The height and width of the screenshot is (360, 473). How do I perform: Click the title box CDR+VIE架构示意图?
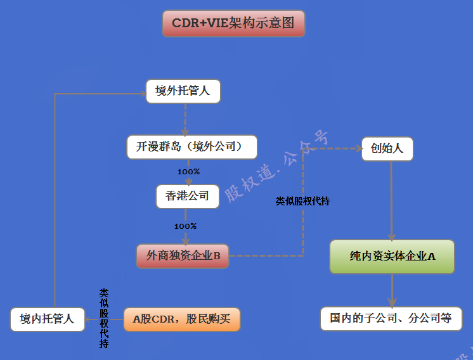tap(233, 23)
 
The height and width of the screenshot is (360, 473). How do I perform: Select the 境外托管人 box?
tap(183, 92)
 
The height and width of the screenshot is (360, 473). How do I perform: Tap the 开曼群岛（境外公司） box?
tap(192, 146)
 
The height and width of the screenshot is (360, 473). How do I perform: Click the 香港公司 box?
tap(187, 196)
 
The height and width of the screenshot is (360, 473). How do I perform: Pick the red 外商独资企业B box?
tap(183, 256)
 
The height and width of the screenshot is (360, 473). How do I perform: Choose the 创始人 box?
tap(387, 149)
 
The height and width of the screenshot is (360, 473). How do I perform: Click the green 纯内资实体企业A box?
tap(392, 257)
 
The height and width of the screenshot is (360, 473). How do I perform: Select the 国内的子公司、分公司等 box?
tap(391, 318)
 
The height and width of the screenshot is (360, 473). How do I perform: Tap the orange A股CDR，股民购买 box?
tap(182, 319)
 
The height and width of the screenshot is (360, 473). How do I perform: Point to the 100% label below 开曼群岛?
tap(188, 172)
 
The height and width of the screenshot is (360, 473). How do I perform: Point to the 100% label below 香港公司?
tap(185, 226)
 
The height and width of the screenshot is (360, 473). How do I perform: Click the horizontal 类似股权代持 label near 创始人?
tap(302, 201)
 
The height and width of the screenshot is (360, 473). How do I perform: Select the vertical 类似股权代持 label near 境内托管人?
tap(103, 318)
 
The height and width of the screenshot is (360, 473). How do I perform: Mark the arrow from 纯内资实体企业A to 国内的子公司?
tap(392, 291)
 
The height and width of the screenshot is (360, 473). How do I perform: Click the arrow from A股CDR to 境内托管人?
tap(108, 319)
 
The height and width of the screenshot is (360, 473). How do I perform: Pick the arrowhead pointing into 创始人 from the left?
tap(357, 149)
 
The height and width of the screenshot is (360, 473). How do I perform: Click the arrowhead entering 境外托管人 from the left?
tap(142, 94)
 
